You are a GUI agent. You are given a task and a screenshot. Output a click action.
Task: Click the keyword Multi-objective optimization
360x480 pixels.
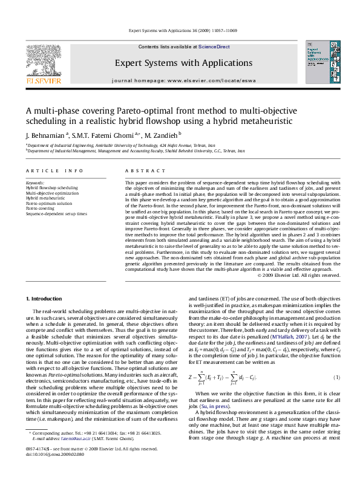click(53, 193)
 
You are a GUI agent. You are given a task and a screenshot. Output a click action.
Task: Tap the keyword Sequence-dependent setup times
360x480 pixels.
click(56, 214)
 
